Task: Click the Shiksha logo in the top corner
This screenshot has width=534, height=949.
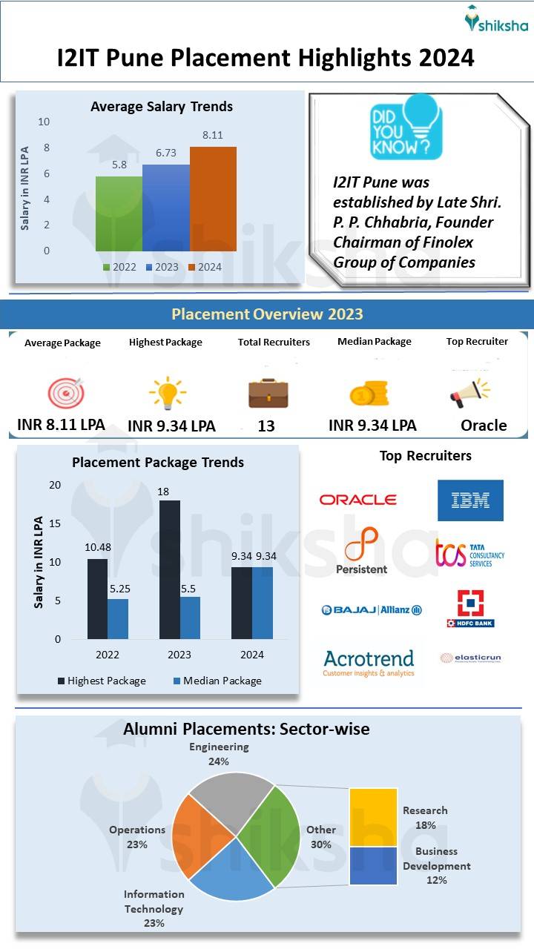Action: click(496, 21)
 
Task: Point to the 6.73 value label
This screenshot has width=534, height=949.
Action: click(165, 152)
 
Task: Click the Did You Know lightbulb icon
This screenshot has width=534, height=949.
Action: click(406, 126)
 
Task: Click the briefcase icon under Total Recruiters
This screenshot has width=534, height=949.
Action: click(268, 393)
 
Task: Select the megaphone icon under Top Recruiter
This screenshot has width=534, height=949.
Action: click(469, 393)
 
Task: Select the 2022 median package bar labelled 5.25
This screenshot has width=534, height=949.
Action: click(118, 618)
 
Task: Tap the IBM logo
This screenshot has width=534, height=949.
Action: click(470, 500)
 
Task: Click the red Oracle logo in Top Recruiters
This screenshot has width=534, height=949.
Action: click(357, 500)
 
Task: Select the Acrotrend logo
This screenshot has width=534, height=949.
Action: click(369, 662)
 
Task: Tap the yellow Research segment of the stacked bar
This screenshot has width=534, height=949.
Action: click(373, 817)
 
